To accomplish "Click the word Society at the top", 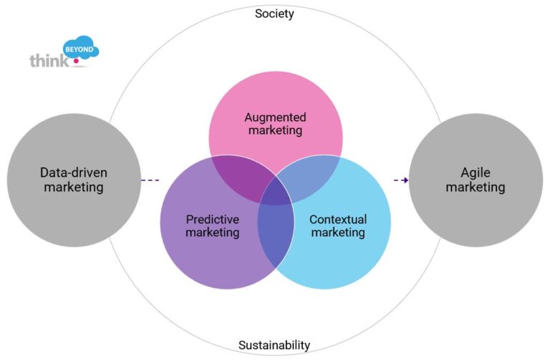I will (x=274, y=14).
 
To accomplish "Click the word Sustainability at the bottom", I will (x=274, y=346).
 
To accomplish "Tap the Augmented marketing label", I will (x=275, y=124).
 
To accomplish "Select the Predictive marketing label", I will (x=212, y=226).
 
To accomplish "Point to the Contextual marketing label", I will (x=337, y=226).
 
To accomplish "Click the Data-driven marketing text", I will (x=73, y=180).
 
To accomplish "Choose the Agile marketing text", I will (x=476, y=180).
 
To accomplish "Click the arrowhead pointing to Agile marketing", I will (x=405, y=180).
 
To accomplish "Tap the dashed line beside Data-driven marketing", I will (x=150, y=180).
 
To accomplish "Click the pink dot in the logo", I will (x=75, y=62).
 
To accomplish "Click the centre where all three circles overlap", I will (x=276, y=194).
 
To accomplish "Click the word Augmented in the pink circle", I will (x=275, y=117).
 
